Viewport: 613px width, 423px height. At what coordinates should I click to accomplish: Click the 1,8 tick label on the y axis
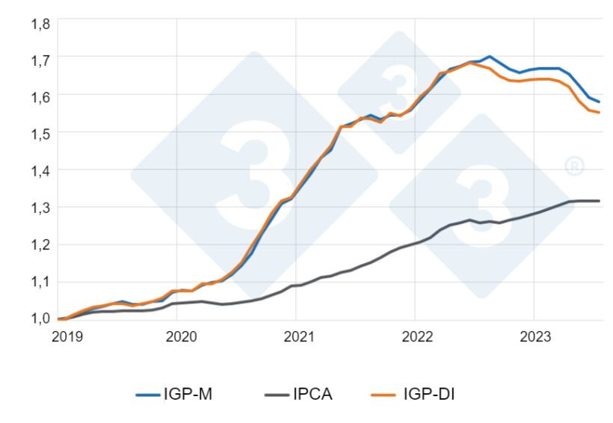tap(40, 23)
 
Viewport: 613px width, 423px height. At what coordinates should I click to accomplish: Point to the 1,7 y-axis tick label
tap(40, 58)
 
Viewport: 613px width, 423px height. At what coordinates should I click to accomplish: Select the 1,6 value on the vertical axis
tap(40, 96)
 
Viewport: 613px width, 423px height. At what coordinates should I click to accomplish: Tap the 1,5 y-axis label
tap(40, 133)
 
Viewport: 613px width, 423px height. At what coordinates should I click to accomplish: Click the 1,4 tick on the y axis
tap(40, 170)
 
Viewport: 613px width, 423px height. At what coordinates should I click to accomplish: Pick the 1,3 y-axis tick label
tap(40, 208)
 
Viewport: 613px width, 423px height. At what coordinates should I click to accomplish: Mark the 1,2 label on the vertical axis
tap(40, 244)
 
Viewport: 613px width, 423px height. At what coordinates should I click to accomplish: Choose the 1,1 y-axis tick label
tap(40, 282)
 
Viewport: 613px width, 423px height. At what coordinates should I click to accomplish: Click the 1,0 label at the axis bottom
tap(40, 318)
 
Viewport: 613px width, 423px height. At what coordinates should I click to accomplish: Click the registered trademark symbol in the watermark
tap(574, 166)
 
